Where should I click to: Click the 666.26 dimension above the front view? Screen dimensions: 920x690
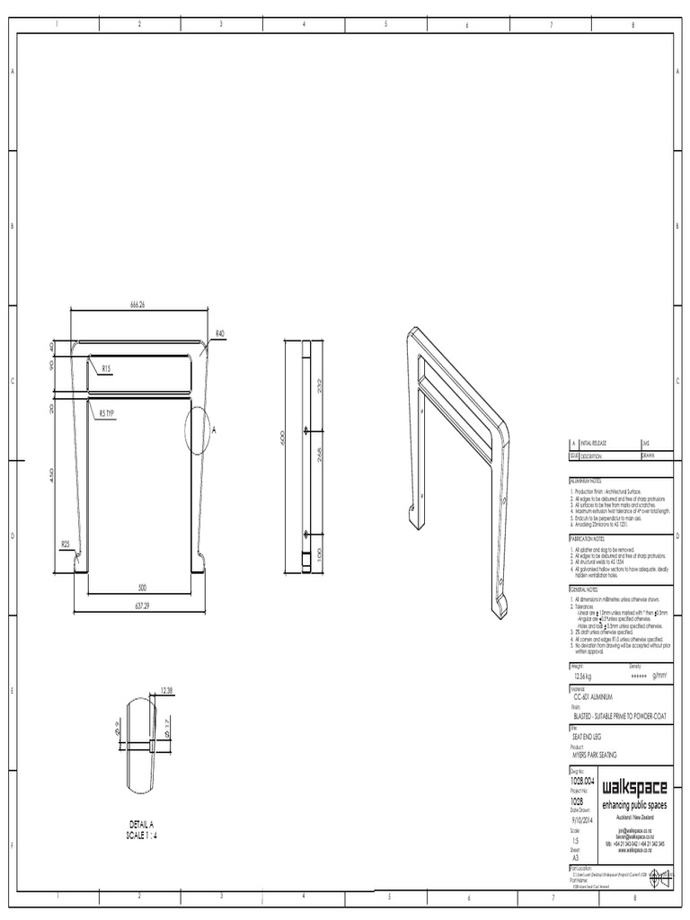[137, 305]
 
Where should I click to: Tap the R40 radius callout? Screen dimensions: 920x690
[220, 333]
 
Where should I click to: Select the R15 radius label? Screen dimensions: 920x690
[106, 368]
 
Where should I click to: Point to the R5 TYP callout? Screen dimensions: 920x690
[107, 414]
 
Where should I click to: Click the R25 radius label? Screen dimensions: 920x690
[66, 544]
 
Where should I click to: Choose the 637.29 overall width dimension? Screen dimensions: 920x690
[140, 606]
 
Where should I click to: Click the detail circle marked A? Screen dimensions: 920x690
[199, 430]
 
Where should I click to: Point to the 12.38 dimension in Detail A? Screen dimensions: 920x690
[166, 690]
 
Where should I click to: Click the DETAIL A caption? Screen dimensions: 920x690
[142, 824]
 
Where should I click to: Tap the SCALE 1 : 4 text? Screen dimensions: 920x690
[142, 836]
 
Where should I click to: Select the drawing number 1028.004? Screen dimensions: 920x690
[582, 782]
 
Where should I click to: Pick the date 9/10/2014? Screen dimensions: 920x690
[584, 819]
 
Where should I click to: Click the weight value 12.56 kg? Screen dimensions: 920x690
[583, 677]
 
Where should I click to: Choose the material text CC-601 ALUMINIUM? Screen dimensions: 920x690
[597, 696]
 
